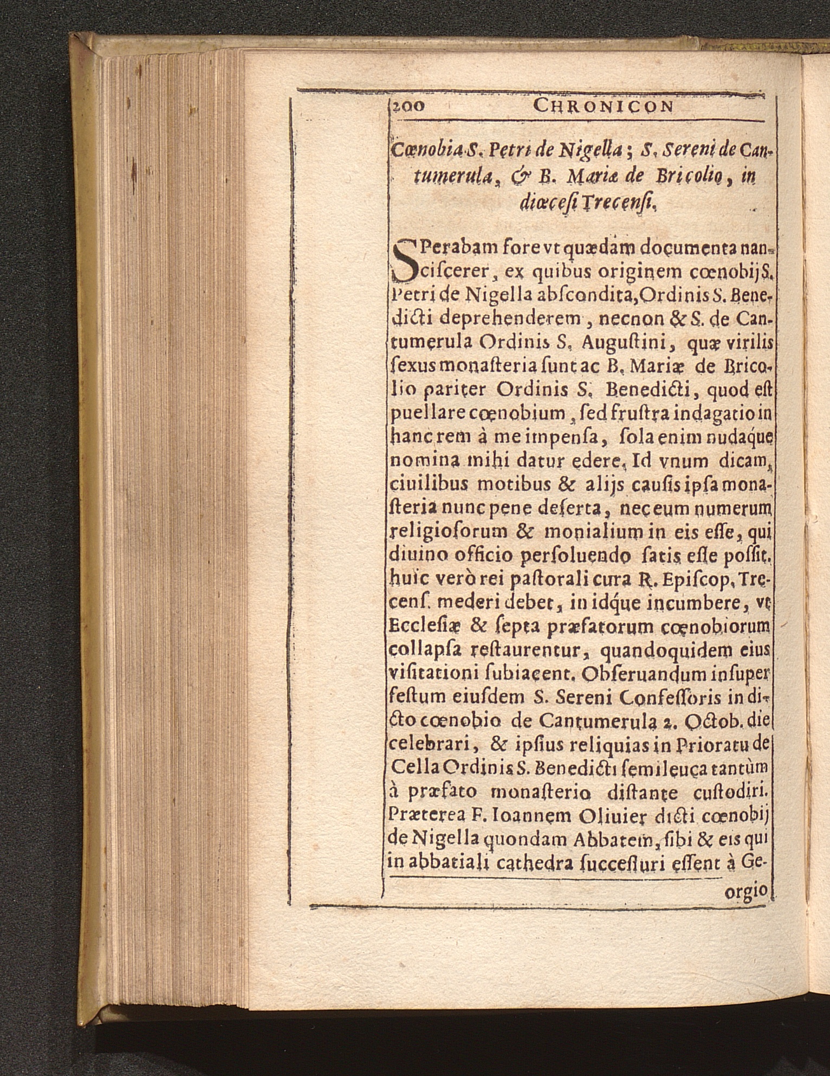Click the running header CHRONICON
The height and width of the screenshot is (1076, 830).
602,106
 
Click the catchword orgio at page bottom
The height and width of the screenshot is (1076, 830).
747,888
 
